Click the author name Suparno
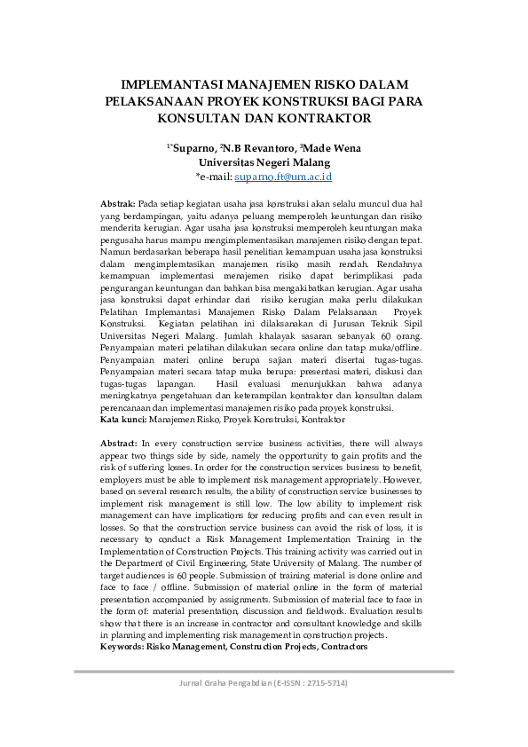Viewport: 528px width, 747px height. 195,148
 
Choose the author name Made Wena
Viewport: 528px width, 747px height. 332,148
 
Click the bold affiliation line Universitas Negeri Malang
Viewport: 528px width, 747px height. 264,162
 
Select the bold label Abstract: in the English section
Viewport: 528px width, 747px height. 119,442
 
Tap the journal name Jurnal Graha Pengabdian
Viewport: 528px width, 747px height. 226,683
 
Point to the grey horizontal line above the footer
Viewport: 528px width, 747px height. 264,672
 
